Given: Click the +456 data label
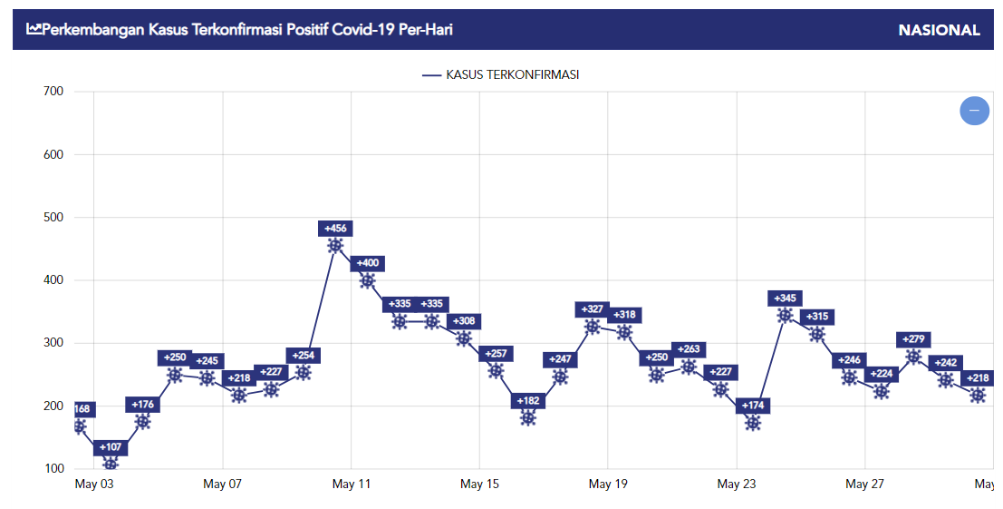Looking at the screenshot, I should coord(335,229).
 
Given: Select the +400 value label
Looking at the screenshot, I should coord(367,263).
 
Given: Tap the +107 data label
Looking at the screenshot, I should coord(111,447).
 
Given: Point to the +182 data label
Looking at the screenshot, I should coord(528,401).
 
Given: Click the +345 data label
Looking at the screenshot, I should coord(785,299).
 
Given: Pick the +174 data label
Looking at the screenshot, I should coord(752,406).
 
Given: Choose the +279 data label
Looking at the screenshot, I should coord(913,339).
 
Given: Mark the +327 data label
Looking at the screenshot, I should coord(592,309).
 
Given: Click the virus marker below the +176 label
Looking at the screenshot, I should coord(142,422).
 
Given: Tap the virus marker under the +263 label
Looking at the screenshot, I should coord(689,367).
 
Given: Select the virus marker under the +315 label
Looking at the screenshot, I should coord(817,334).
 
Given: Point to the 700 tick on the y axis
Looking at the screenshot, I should coord(53,91).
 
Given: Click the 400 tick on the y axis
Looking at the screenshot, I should coord(53,279).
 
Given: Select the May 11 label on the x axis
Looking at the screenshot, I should coord(352,485).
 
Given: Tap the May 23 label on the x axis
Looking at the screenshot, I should coord(737,485).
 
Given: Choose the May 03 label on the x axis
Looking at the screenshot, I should coord(94,485).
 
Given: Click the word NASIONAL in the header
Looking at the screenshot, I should coord(939,30).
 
